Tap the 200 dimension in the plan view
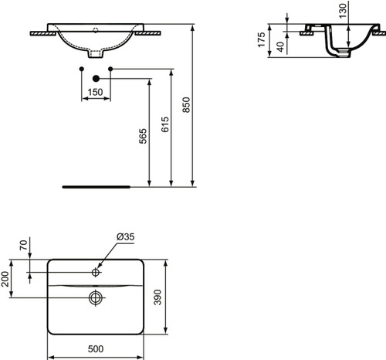pyautogui.click(x=7, y=283)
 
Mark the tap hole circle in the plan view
pyautogui.click(x=96, y=271)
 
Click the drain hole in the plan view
pyautogui.click(x=96, y=297)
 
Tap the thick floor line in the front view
pyautogui.click(x=96, y=186)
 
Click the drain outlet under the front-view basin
pyautogui.click(x=96, y=56)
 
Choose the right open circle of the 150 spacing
pyautogui.click(x=111, y=70)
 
